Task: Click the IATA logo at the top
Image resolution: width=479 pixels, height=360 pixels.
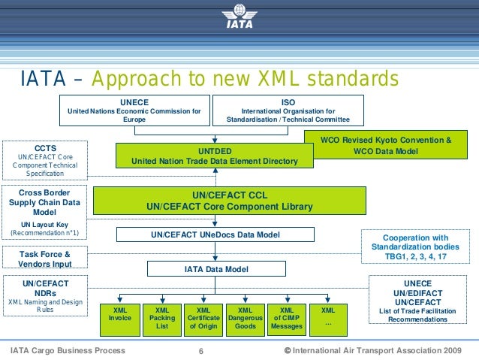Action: point(239,16)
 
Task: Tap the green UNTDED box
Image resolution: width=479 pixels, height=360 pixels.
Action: point(214,156)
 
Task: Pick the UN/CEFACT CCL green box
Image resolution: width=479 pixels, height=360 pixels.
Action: point(228,201)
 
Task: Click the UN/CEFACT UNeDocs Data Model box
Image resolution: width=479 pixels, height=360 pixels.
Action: point(215,235)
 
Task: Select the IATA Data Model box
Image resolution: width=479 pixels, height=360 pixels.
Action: point(217,268)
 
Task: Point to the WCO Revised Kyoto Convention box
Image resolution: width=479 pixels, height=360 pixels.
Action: point(386,145)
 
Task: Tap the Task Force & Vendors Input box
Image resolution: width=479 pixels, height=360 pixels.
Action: point(45,258)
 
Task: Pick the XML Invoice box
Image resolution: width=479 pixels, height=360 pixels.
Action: point(120,318)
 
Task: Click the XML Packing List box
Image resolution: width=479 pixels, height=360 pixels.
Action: point(162,318)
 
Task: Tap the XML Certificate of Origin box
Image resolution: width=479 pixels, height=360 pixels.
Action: point(203,318)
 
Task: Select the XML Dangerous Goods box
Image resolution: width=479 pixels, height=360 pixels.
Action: point(245,318)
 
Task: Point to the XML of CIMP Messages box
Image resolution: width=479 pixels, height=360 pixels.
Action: point(286,318)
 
